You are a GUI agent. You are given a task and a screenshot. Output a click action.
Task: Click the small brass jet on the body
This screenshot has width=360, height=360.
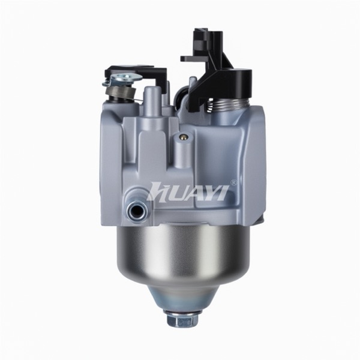click(x=184, y=137)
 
